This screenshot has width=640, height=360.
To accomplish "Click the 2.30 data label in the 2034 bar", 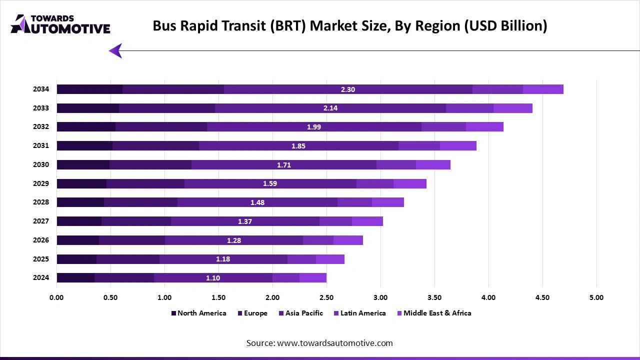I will tap(347, 89).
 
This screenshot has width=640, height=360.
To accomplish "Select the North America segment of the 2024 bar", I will tap(75, 278).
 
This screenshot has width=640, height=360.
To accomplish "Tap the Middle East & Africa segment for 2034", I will tap(543, 89).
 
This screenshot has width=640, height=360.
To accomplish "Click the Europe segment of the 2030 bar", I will tap(150, 165).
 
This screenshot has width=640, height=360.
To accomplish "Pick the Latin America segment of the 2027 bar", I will tap(335, 221).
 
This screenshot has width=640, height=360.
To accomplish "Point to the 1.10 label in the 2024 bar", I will tap(213, 278).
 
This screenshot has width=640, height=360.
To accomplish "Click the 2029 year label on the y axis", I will tap(41, 183).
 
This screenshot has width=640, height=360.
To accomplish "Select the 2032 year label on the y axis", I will tap(41, 127).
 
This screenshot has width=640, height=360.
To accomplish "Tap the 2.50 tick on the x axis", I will tap(326, 297).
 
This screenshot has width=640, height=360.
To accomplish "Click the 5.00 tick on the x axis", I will tap(596, 297).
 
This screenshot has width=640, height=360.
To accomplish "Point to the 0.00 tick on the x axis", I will tap(56, 297).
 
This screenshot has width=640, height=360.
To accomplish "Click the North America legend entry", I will tap(198, 313).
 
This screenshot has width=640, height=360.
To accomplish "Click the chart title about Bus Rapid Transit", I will tap(349, 26).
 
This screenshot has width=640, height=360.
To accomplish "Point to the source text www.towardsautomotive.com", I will tap(319, 343).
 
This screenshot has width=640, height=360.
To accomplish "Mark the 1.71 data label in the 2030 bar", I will tap(283, 165).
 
